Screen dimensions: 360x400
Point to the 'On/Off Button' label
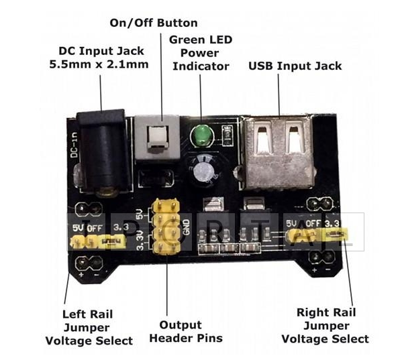(x=154, y=23)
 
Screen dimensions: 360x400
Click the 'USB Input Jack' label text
(x=295, y=66)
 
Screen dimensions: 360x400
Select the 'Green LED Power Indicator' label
(x=201, y=53)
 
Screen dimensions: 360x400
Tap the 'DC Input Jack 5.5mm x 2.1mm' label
(x=99, y=58)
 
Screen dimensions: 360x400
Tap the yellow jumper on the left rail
(x=113, y=239)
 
